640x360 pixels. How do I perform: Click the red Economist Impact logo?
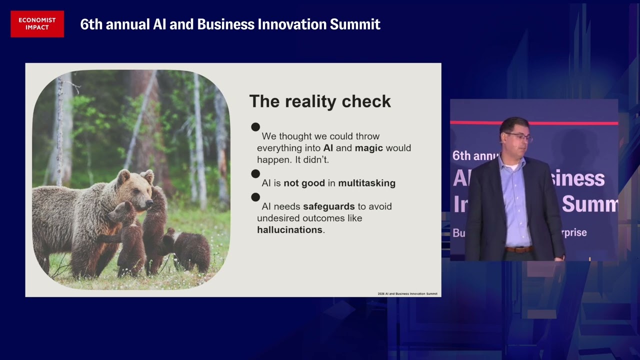point(37,24)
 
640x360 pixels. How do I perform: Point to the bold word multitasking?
point(366,183)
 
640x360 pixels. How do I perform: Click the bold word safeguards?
point(328,206)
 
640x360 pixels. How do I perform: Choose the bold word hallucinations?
point(289,230)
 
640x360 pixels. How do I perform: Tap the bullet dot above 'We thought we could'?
point(255,127)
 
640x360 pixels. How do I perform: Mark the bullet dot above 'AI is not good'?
point(255,173)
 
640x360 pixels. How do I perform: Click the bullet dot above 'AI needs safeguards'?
point(255,197)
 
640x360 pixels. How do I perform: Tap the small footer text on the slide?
point(407,293)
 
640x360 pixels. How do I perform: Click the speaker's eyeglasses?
point(518,135)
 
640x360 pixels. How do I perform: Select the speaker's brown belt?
point(517,249)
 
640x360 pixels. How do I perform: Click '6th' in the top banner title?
point(90,24)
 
